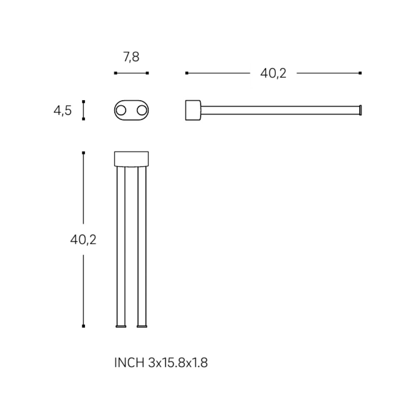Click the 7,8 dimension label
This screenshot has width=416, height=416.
131,57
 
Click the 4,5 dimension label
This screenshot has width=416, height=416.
63,110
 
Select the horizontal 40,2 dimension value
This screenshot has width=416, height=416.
273,73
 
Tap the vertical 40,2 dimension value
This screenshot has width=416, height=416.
83,240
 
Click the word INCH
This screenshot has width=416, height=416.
129,363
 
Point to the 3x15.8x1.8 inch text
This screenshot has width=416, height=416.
178,363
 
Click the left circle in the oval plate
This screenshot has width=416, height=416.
121,110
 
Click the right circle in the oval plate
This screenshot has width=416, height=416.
142,110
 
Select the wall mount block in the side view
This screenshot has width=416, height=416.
193,110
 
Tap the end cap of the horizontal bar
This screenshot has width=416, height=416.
360,110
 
